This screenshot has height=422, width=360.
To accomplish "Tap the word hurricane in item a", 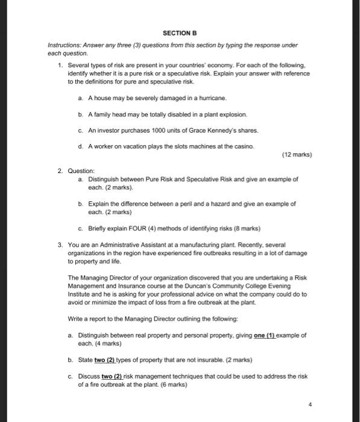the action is tap(213, 97).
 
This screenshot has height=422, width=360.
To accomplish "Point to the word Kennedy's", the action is tap(209, 130).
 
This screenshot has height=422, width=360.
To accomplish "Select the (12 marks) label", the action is tap(297, 155).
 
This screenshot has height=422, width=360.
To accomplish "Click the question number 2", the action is tap(60, 171).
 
